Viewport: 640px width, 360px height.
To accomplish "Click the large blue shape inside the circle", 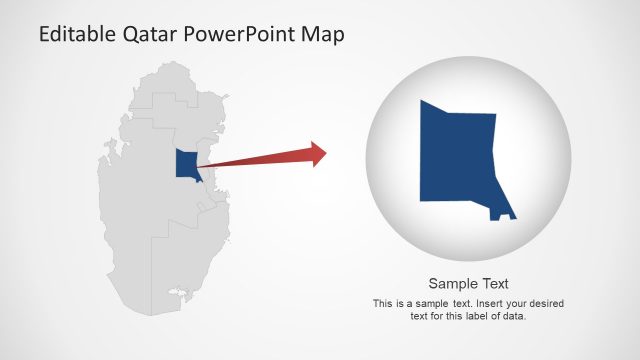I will coord(460,160).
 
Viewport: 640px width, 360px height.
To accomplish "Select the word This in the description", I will coord(382,303).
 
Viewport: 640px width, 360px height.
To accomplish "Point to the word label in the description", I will coord(479,316).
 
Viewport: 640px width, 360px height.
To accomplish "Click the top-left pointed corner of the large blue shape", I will coord(423,101).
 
